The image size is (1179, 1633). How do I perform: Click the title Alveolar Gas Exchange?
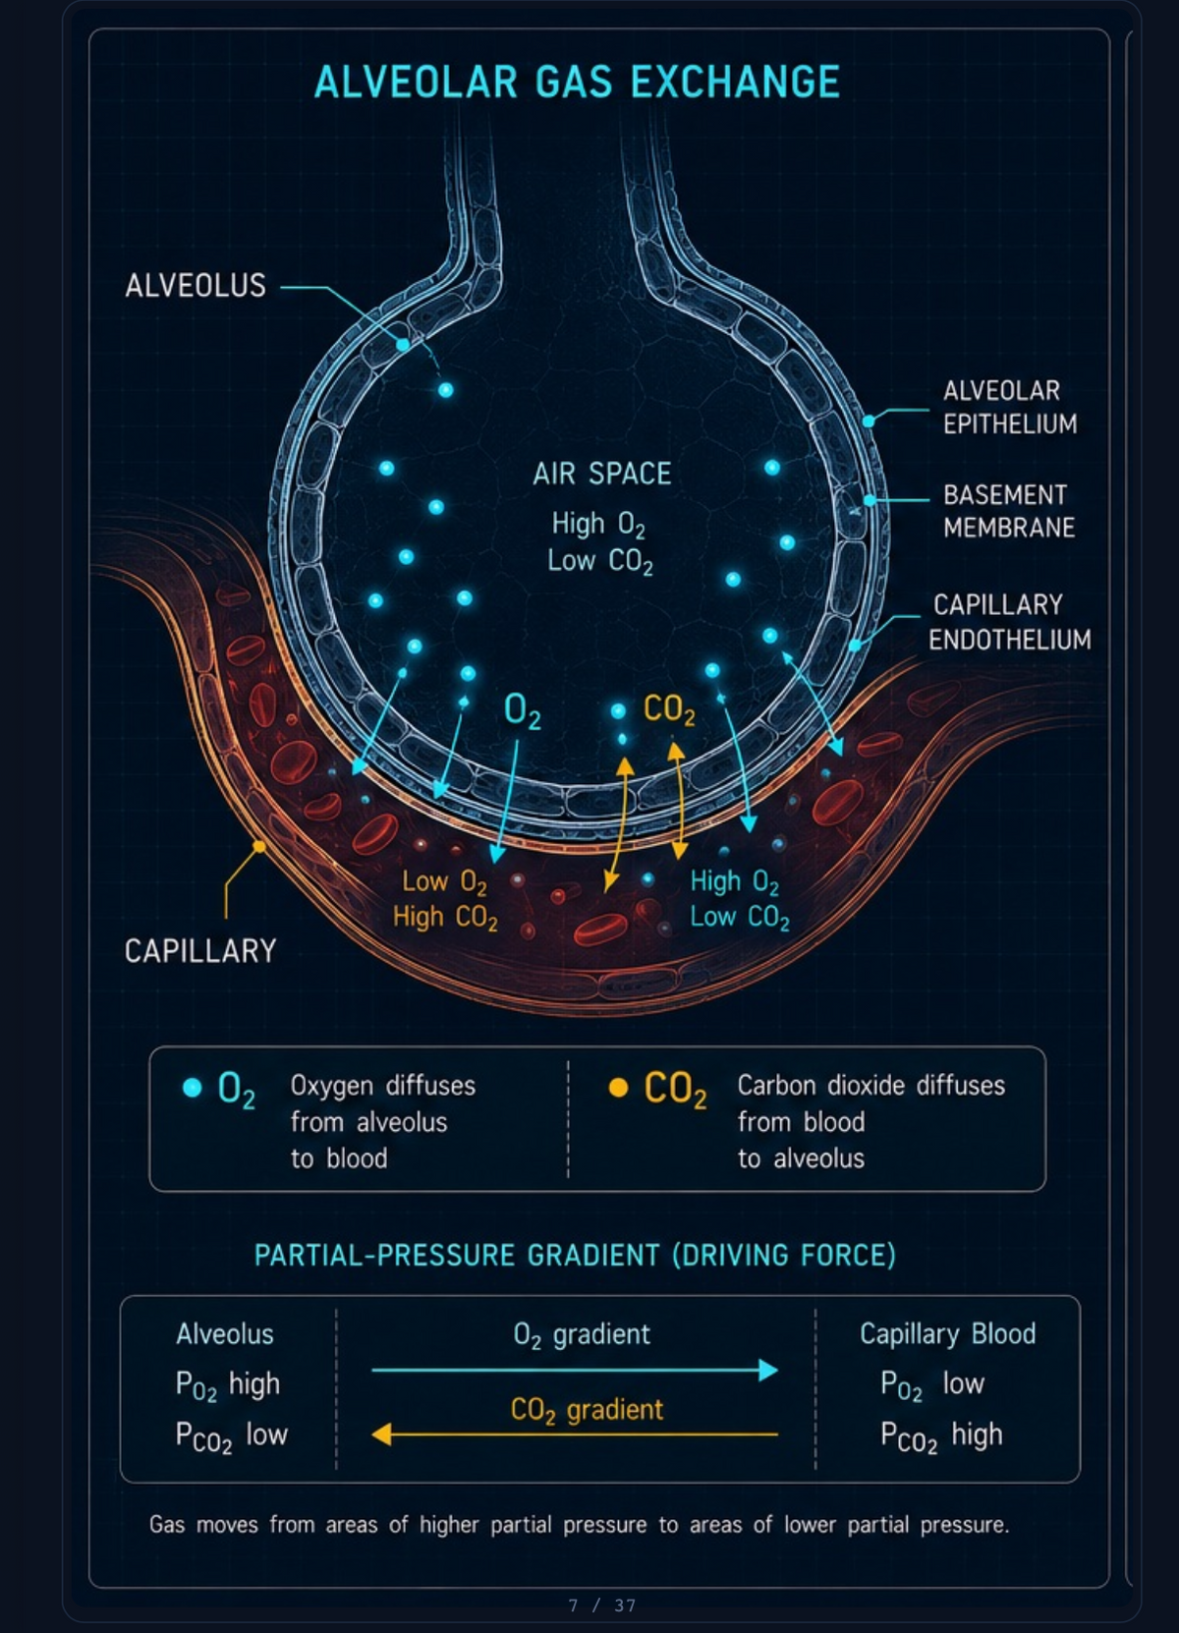(577, 81)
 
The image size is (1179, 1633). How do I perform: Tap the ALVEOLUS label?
(196, 285)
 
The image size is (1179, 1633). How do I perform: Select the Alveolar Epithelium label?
(1010, 407)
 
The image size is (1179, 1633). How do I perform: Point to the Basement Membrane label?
(1009, 511)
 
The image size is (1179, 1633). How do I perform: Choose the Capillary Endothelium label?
(1009, 622)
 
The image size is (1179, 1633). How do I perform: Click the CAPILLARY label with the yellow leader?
(200, 951)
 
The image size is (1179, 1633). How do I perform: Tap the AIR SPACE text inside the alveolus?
(601, 474)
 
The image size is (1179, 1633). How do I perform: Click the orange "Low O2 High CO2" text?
(445, 899)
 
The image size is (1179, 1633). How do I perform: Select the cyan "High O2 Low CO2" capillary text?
(740, 899)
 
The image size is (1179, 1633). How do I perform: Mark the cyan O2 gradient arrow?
(575, 1370)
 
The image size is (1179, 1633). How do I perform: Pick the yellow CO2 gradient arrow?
(575, 1434)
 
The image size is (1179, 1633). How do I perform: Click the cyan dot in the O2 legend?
(192, 1088)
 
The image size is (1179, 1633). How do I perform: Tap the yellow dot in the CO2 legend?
(618, 1088)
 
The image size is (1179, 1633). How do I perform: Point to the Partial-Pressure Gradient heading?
(575, 1256)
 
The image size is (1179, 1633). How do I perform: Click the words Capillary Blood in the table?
(947, 1334)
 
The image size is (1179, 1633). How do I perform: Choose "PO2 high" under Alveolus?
(228, 1384)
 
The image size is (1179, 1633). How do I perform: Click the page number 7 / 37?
(601, 1605)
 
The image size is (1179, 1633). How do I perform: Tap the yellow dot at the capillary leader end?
(258, 846)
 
